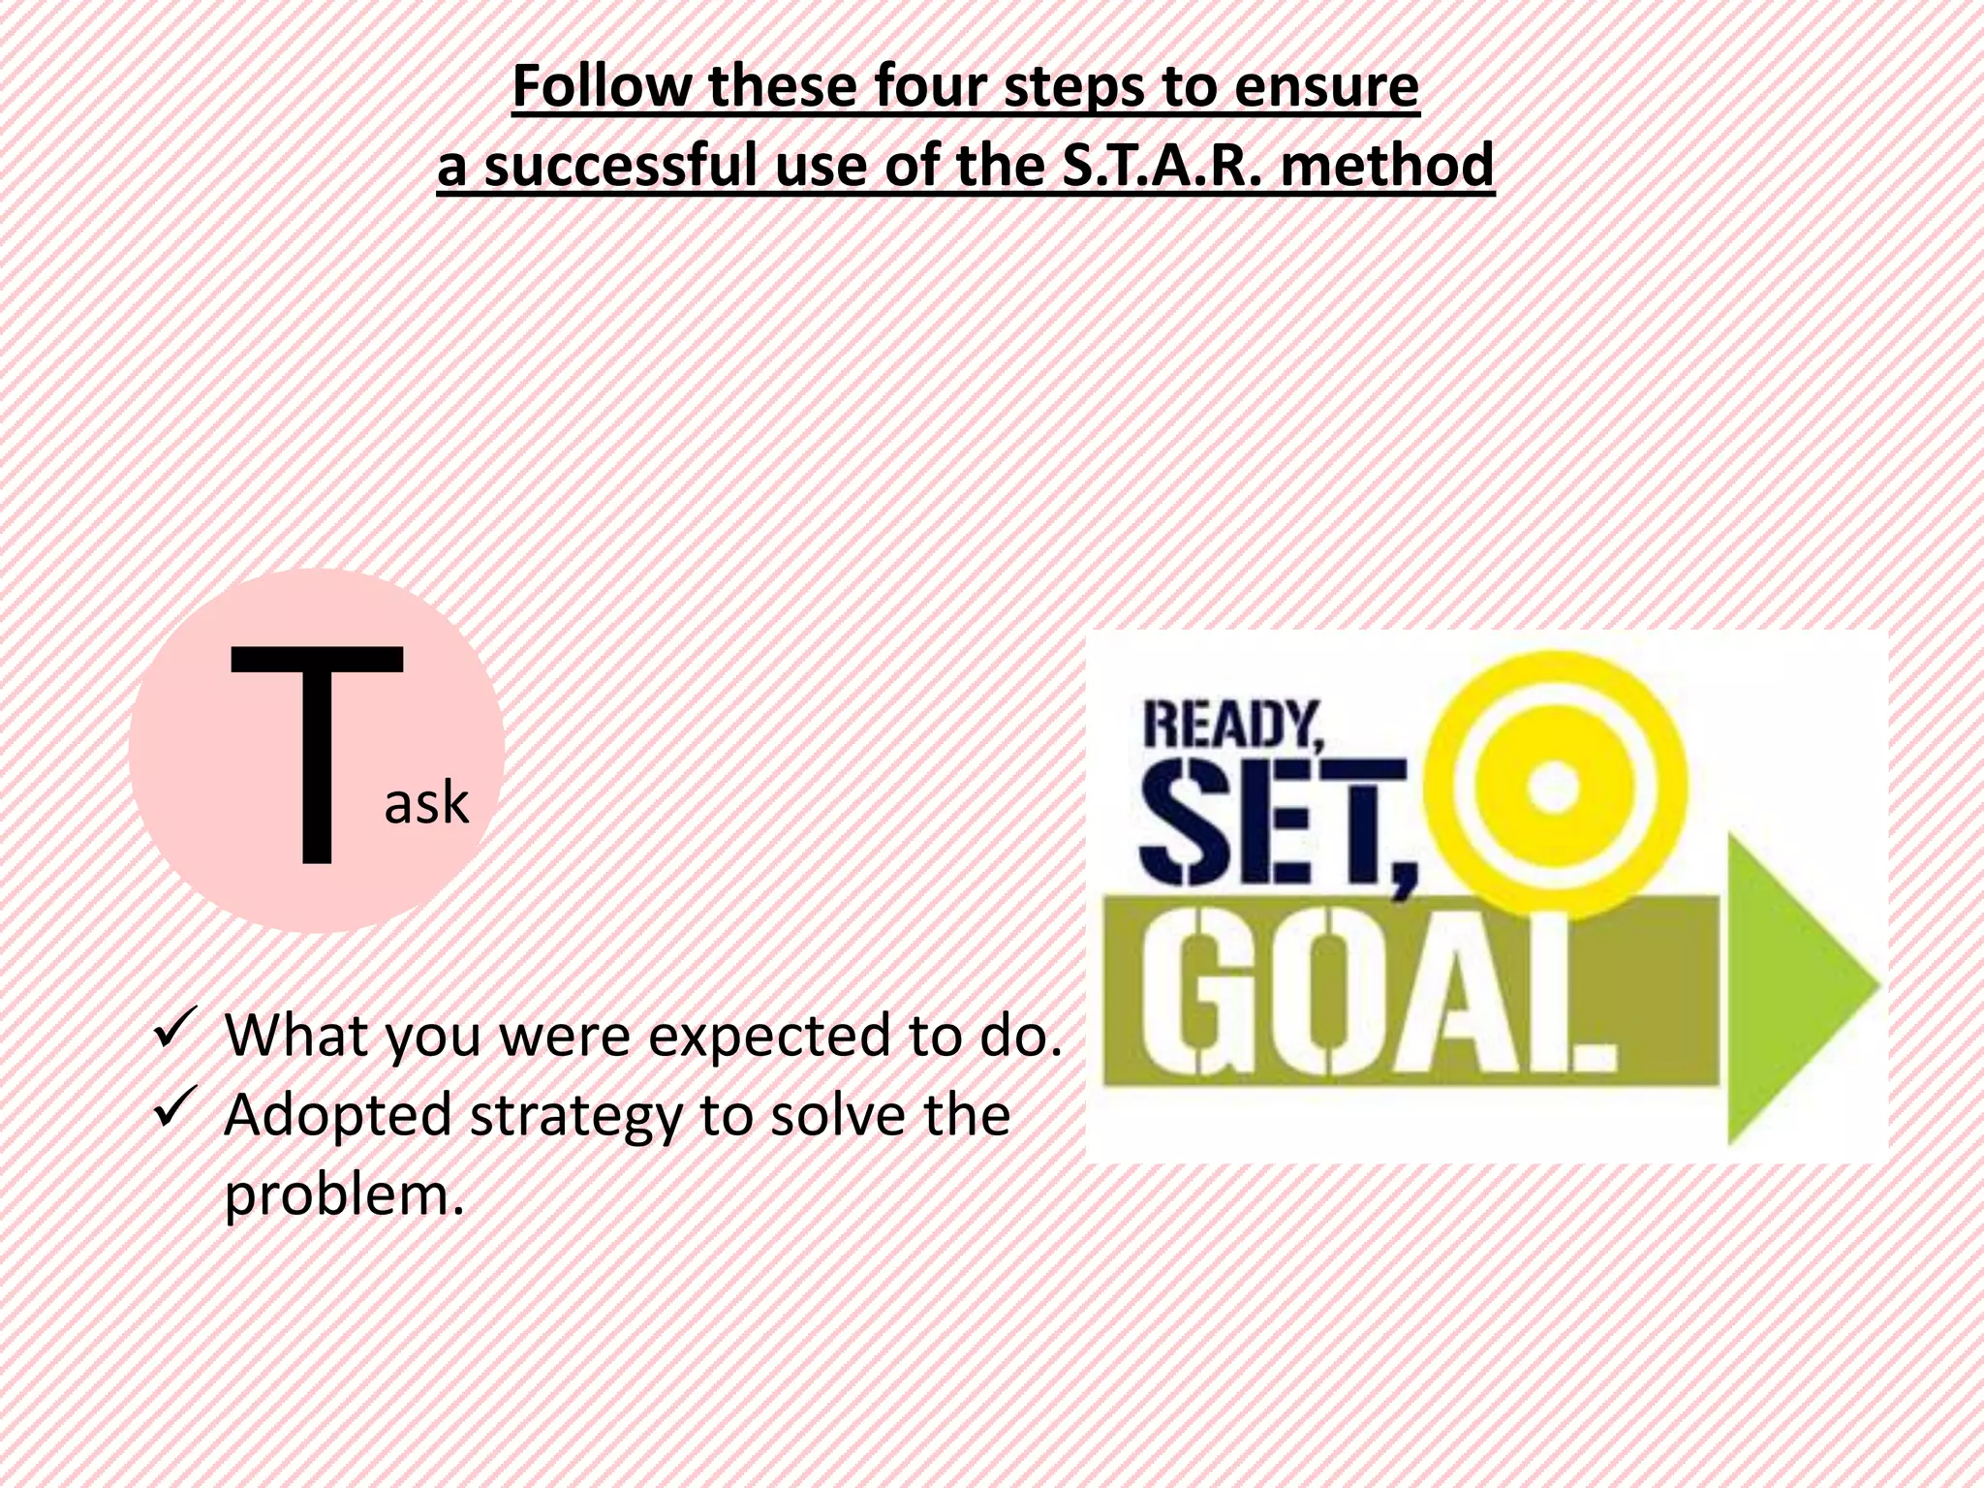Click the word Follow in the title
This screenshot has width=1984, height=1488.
601,87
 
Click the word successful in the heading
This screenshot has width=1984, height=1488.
621,166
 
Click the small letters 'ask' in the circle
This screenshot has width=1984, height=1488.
426,803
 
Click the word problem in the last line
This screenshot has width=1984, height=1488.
338,1194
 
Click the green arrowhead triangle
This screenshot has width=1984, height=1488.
1797,988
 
